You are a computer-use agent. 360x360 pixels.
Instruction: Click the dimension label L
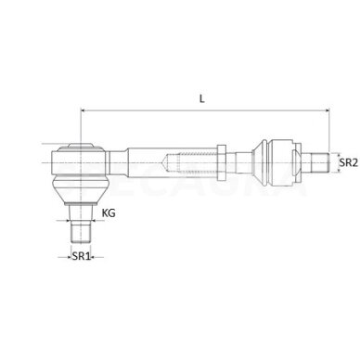click(x=201, y=99)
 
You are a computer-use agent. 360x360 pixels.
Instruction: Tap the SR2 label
click(x=348, y=162)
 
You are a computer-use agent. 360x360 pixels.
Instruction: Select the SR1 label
click(x=81, y=256)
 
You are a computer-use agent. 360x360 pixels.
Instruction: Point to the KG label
click(x=109, y=212)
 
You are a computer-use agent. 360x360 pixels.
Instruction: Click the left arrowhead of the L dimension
click(x=83, y=110)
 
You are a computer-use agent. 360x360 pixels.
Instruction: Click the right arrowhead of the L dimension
click(x=327, y=110)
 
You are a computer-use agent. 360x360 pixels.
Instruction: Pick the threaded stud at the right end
click(x=319, y=162)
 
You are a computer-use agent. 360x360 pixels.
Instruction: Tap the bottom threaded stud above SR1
click(x=81, y=232)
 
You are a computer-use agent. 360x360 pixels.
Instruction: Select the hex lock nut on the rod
click(x=222, y=162)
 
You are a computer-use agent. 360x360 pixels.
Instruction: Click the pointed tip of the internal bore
click(x=163, y=162)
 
